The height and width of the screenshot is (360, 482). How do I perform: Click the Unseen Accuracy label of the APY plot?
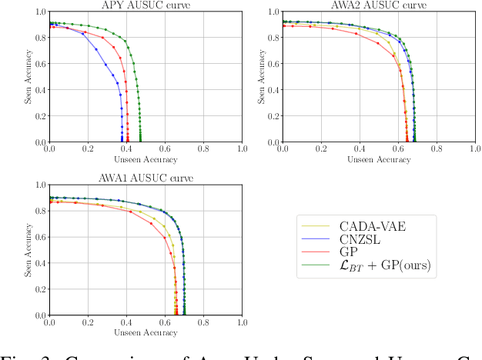[x=146, y=160]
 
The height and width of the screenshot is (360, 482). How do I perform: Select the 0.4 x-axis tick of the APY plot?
[x=126, y=150]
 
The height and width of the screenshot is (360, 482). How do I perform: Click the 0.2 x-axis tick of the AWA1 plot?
[x=88, y=323]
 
